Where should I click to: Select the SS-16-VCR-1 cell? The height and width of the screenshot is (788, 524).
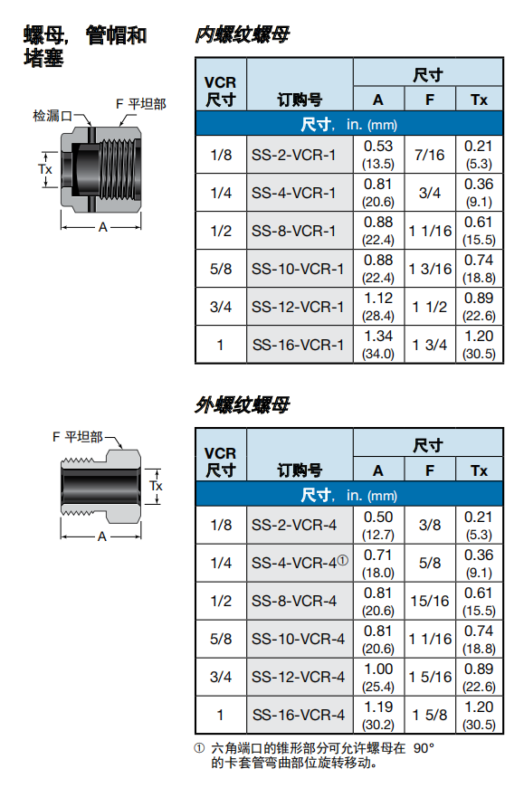pyautogui.click(x=298, y=345)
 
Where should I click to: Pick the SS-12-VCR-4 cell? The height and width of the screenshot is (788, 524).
pyautogui.click(x=298, y=677)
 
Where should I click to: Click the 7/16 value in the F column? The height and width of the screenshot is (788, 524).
pyautogui.click(x=429, y=156)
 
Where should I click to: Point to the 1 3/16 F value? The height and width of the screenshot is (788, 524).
pyautogui.click(x=429, y=269)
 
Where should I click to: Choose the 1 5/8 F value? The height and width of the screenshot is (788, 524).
pyautogui.click(x=429, y=715)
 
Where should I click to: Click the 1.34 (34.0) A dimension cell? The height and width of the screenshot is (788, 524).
pyautogui.click(x=378, y=345)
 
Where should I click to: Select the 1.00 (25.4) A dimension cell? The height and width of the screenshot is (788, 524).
pyautogui.click(x=378, y=677)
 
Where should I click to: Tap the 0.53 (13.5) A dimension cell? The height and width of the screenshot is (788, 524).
pyautogui.click(x=378, y=156)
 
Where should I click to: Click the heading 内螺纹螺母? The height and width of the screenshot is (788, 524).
pyautogui.click(x=243, y=36)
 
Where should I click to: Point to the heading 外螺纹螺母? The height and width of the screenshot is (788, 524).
pyautogui.click(x=243, y=405)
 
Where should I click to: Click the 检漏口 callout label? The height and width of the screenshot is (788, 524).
pyautogui.click(x=52, y=116)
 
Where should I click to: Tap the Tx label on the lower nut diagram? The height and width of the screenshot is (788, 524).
pyautogui.click(x=156, y=486)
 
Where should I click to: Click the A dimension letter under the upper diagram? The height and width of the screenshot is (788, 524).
pyautogui.click(x=102, y=228)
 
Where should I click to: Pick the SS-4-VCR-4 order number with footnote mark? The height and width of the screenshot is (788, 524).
pyautogui.click(x=300, y=563)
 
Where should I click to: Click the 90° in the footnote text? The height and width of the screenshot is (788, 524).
pyautogui.click(x=424, y=748)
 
